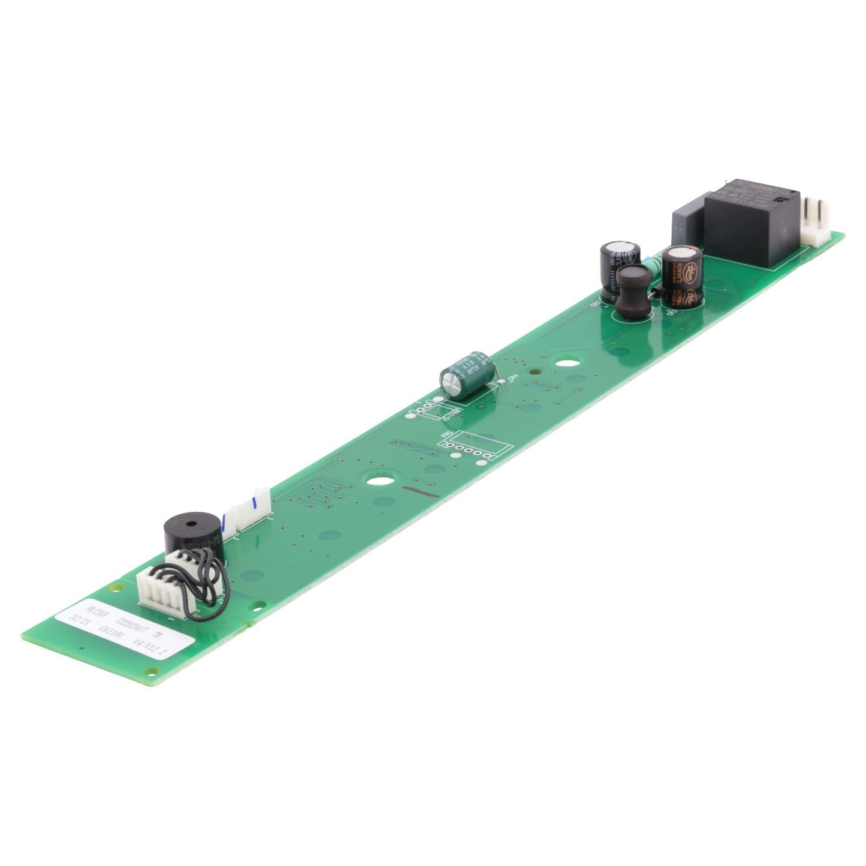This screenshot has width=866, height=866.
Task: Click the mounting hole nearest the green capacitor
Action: coord(563,363)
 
